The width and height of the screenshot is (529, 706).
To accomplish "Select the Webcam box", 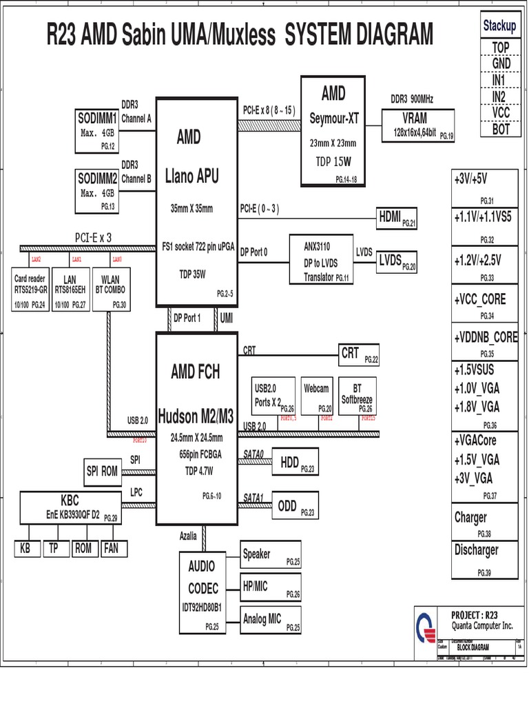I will pyautogui.click(x=317, y=397).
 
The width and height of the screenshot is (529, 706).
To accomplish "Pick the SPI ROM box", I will pyautogui.click(x=102, y=472).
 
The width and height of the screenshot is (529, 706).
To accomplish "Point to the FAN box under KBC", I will pyautogui.click(x=110, y=549).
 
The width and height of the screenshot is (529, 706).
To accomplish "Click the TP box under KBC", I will pyautogui.click(x=54, y=549).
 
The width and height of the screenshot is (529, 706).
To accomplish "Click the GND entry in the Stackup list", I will pyautogui.click(x=501, y=63).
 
